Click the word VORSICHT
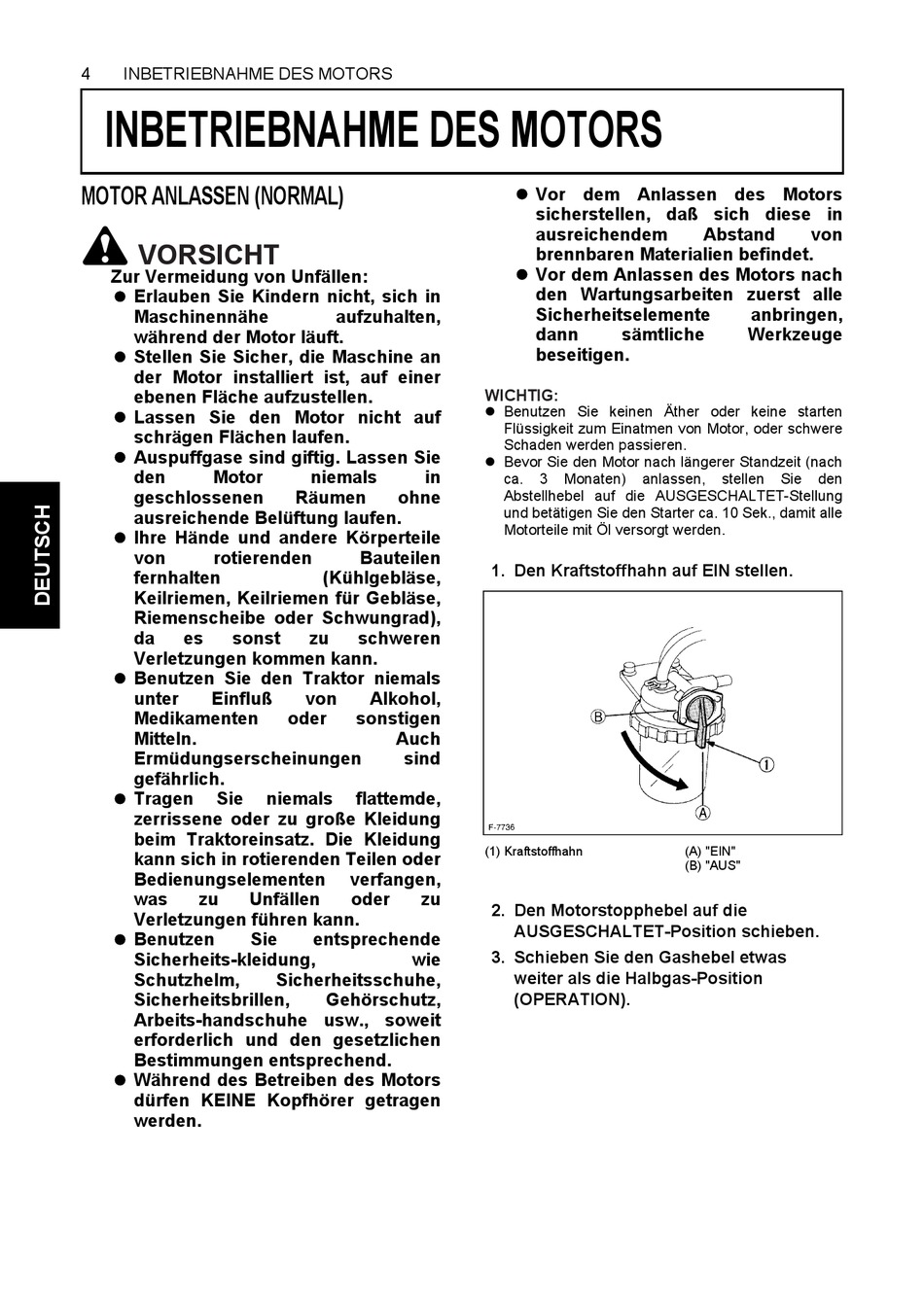pyautogui.click(x=209, y=255)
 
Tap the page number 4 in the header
pyautogui.click(x=87, y=74)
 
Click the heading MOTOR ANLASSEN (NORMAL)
pyautogui.click(x=211, y=196)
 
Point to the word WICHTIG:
pyautogui.click(x=521, y=395)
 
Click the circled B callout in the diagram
pyautogui.click(x=599, y=717)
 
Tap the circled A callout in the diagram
pyautogui.click(x=702, y=813)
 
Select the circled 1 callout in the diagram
pyautogui.click(x=766, y=764)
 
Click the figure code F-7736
pyautogui.click(x=501, y=827)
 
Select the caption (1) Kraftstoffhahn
pyautogui.click(x=534, y=852)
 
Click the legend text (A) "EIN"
pyautogui.click(x=710, y=852)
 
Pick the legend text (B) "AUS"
pyautogui.click(x=712, y=865)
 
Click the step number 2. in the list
pyautogui.click(x=497, y=911)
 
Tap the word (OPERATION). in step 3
pyautogui.click(x=572, y=999)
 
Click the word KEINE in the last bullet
pyautogui.click(x=230, y=1101)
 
